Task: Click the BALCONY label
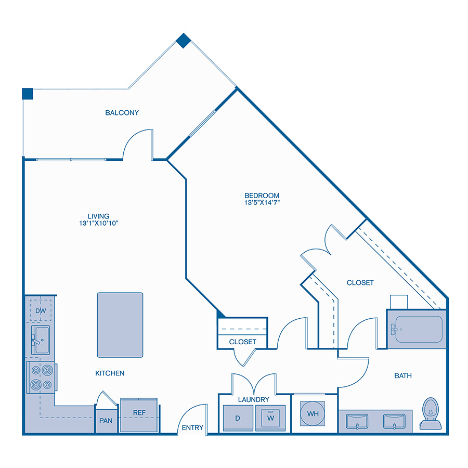click(122, 113)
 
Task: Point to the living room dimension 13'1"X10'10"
click(99, 223)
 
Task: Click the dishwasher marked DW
click(41, 311)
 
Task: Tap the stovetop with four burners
click(41, 378)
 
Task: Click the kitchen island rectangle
click(120, 325)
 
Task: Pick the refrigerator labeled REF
click(139, 415)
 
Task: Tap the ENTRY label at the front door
click(192, 428)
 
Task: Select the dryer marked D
click(238, 417)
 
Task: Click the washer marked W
click(270, 417)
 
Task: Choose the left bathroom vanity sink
click(357, 420)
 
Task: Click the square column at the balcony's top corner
click(183, 41)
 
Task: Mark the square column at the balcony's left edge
click(28, 94)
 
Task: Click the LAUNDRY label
click(254, 400)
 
